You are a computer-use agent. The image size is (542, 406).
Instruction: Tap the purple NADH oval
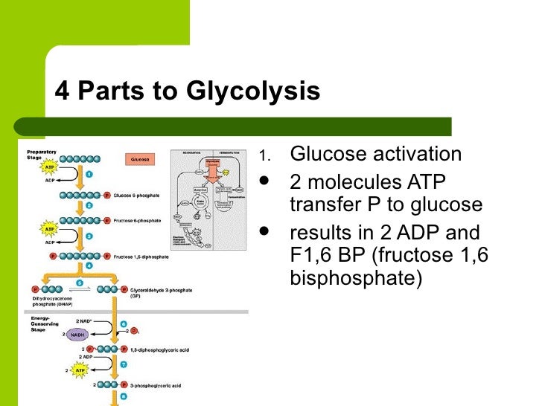pos(78,335)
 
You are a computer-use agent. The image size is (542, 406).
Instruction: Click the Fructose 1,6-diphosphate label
pos(142,257)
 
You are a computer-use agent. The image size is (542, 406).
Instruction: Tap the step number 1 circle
pos(88,174)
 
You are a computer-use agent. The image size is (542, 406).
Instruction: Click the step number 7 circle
pos(124,366)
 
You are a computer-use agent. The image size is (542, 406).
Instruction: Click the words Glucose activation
pos(375,154)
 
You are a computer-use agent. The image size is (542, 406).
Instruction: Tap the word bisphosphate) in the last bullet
pos(354,278)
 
